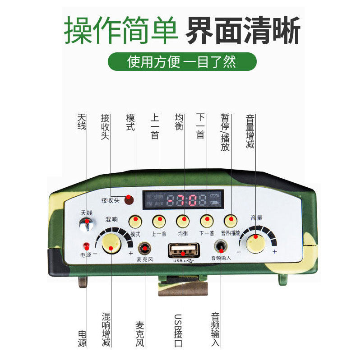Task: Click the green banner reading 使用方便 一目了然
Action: tap(181, 61)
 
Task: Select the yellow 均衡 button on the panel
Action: tap(183, 221)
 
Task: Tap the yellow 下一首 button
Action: tap(206, 221)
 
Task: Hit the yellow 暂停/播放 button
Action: tap(231, 221)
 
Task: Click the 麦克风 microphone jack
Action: tap(145, 249)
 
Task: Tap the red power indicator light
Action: tap(86, 245)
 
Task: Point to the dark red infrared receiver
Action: tap(129, 198)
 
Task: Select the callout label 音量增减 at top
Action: tap(250, 131)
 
